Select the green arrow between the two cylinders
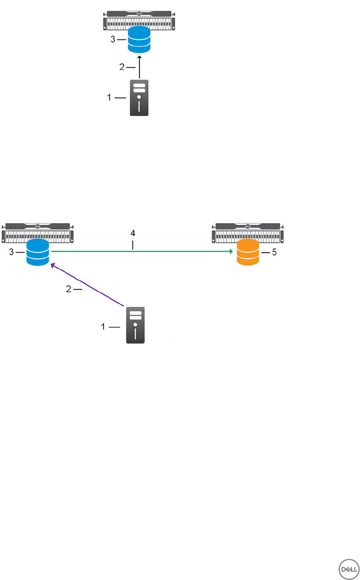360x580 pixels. pos(140,252)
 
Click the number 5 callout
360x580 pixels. pos(274,253)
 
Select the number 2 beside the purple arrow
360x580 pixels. pos(69,289)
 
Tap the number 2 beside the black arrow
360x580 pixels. pos(122,67)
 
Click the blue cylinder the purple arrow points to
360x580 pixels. pos(38,252)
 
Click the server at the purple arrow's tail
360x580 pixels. pos(136,325)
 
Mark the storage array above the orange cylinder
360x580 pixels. pos(248,233)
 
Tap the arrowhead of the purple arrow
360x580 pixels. pos(53,265)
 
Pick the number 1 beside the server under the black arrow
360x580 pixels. pos(109,98)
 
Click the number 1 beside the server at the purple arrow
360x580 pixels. pos(104,326)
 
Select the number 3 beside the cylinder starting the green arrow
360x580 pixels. pos(11,252)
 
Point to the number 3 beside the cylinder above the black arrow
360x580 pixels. pos(113,39)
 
